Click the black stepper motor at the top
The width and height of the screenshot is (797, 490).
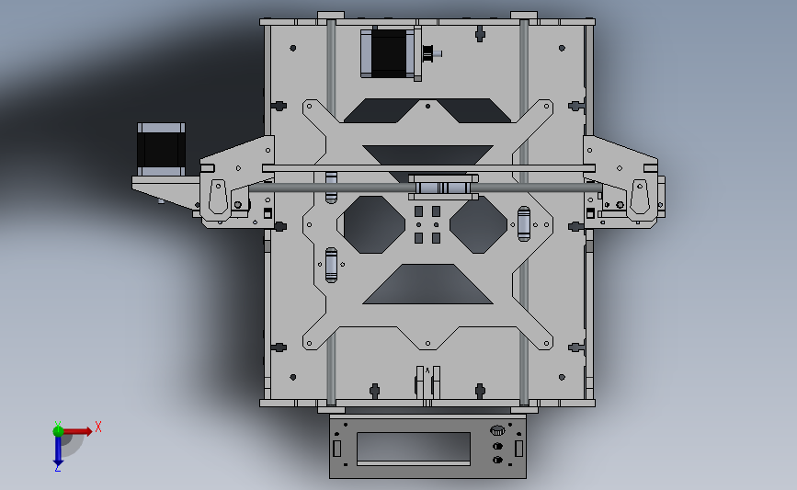tap(390, 53)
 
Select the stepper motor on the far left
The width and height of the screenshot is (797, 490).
tap(161, 150)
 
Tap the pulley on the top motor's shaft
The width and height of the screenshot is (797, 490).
tap(428, 53)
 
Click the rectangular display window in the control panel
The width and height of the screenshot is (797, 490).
tap(414, 448)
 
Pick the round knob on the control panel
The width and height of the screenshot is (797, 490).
tap(497, 431)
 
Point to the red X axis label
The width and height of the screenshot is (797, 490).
tap(98, 427)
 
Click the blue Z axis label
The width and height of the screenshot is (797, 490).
tap(57, 468)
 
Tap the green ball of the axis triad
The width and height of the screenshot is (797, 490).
tap(58, 431)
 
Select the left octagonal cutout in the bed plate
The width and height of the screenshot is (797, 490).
tap(371, 224)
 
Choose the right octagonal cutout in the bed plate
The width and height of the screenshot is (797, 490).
tap(478, 224)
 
